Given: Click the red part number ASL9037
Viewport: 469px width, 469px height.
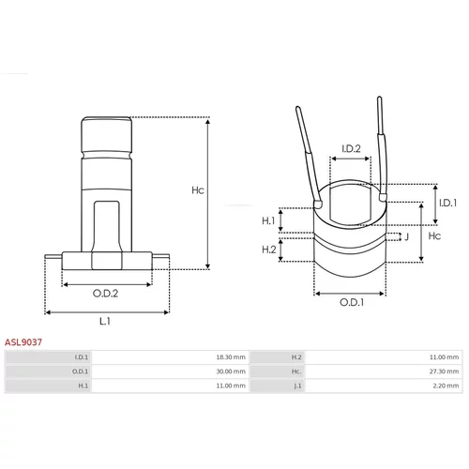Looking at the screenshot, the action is (23, 342).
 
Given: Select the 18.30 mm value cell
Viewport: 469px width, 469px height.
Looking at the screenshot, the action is (231, 357).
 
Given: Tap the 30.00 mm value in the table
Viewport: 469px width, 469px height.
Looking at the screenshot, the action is (231, 371).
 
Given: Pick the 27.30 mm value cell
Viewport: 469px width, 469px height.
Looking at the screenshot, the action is (444, 371).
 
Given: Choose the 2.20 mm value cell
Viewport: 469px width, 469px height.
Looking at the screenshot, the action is (446, 386).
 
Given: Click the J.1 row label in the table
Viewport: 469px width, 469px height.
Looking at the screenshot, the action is (297, 386).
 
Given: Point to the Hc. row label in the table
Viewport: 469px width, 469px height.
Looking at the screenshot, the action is (296, 371).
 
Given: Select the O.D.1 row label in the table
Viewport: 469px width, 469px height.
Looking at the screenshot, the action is (81, 371).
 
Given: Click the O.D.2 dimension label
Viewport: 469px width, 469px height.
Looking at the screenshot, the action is (105, 294).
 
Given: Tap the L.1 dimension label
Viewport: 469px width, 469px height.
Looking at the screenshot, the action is (105, 321).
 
